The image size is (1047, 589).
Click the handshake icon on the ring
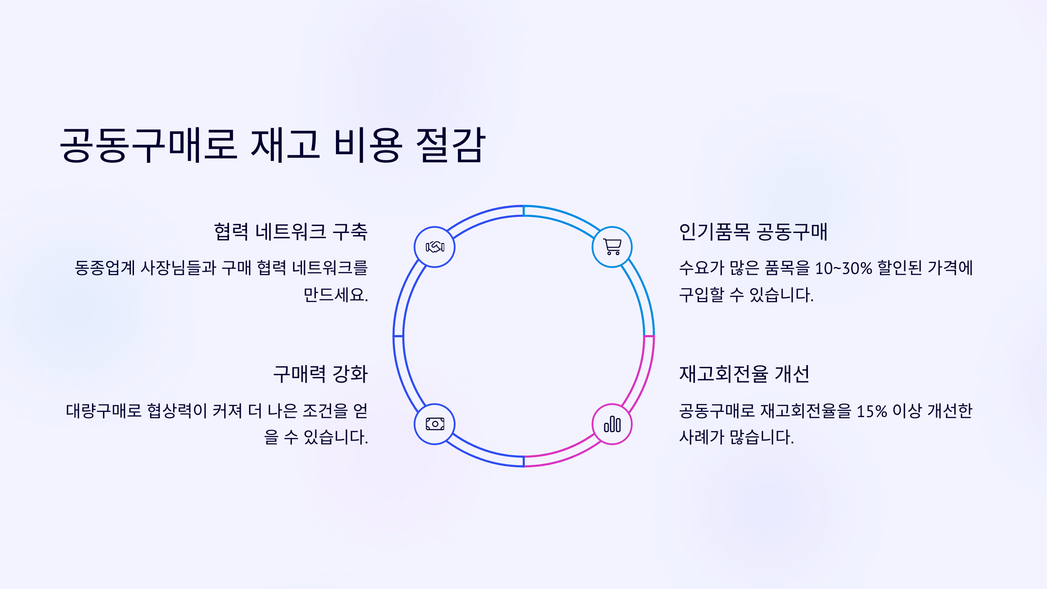(x=435, y=247)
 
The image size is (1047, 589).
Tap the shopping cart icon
(x=612, y=247)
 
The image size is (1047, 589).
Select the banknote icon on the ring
(x=435, y=424)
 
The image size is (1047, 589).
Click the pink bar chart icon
(x=612, y=424)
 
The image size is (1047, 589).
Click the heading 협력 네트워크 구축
(x=291, y=232)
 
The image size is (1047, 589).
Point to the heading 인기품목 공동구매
(x=753, y=232)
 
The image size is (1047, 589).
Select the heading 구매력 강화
(x=320, y=374)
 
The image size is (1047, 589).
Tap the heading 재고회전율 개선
(x=744, y=374)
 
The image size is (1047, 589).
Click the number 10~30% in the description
(x=843, y=268)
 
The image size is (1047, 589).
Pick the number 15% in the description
(x=872, y=411)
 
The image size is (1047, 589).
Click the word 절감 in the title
(x=451, y=145)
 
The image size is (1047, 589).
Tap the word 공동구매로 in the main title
(x=148, y=145)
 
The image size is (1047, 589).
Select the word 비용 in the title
(x=368, y=145)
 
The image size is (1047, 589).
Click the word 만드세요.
(x=335, y=295)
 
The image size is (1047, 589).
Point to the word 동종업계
(x=105, y=268)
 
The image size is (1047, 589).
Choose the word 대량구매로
(x=104, y=411)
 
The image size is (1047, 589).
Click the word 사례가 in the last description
(x=697, y=437)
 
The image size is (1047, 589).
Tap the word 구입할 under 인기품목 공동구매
(x=701, y=295)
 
